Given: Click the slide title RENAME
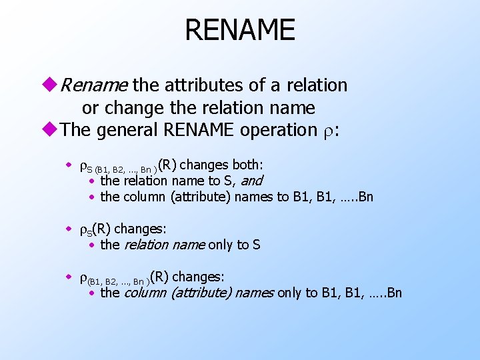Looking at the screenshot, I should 239,30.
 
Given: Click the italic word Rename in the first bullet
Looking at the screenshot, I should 93,85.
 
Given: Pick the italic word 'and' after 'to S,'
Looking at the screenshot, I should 251,181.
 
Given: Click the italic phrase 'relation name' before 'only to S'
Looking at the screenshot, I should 165,245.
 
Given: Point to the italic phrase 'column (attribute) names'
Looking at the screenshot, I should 199,293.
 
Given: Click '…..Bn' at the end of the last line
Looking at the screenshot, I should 386,293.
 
